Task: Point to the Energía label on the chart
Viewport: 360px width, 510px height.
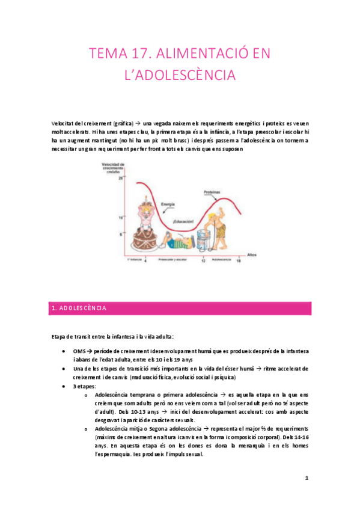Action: point(160,204)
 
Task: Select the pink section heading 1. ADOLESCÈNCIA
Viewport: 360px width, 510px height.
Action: point(78,308)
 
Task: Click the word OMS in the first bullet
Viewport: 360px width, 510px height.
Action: point(70,351)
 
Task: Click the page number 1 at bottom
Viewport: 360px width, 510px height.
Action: point(307,478)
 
